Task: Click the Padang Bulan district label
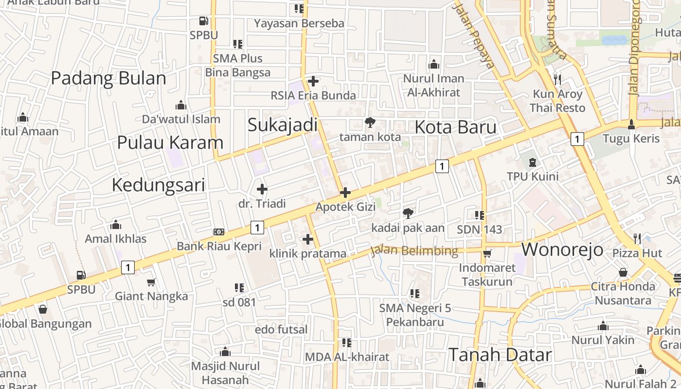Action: tap(108, 78)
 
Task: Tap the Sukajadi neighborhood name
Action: tap(282, 125)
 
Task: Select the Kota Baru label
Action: tap(455, 127)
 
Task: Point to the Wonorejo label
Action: tap(562, 249)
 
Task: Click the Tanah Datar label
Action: tap(500, 355)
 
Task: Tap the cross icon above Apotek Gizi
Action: tap(345, 193)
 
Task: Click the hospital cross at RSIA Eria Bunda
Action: tap(313, 81)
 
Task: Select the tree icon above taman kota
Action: tap(370, 123)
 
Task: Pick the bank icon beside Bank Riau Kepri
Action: tap(219, 232)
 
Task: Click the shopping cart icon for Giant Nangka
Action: tap(151, 282)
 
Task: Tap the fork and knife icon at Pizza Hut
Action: tap(637, 239)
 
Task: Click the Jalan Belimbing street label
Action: tap(414, 251)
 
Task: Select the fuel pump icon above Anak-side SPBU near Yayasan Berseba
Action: tap(204, 21)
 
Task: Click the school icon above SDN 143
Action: tap(480, 215)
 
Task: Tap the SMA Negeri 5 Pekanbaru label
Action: tap(415, 315)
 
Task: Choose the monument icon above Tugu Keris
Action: tap(631, 124)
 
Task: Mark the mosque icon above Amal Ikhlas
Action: tap(116, 225)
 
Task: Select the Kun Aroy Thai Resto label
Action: tap(557, 101)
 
